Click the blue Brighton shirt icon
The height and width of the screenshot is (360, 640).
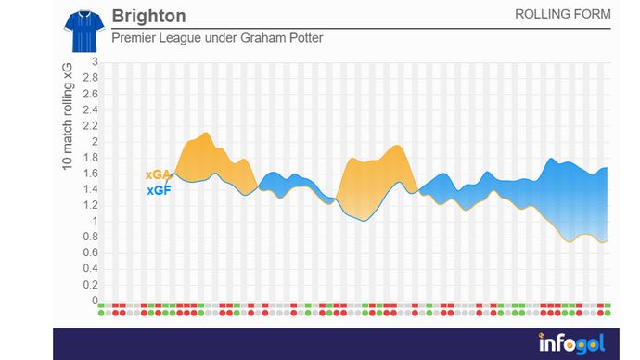[x=82, y=31]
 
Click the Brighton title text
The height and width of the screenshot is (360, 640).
[x=147, y=16]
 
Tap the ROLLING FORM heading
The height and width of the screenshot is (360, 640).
[x=562, y=15]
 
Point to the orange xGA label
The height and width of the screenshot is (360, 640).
[x=158, y=174]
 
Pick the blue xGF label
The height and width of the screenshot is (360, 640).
[x=158, y=190]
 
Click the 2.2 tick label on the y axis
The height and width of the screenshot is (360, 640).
[x=89, y=126]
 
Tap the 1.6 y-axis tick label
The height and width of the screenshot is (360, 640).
[x=89, y=174]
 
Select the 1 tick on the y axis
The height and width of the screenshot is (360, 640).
[x=94, y=222]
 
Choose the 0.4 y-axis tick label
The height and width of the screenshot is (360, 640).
[x=89, y=269]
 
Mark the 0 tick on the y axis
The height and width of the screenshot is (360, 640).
[x=94, y=301]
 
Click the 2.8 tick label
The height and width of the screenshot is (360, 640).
[x=89, y=79]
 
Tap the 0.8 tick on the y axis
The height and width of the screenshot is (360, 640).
[x=89, y=238]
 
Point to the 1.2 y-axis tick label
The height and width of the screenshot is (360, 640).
[x=89, y=206]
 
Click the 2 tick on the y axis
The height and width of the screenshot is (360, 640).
[x=94, y=142]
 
